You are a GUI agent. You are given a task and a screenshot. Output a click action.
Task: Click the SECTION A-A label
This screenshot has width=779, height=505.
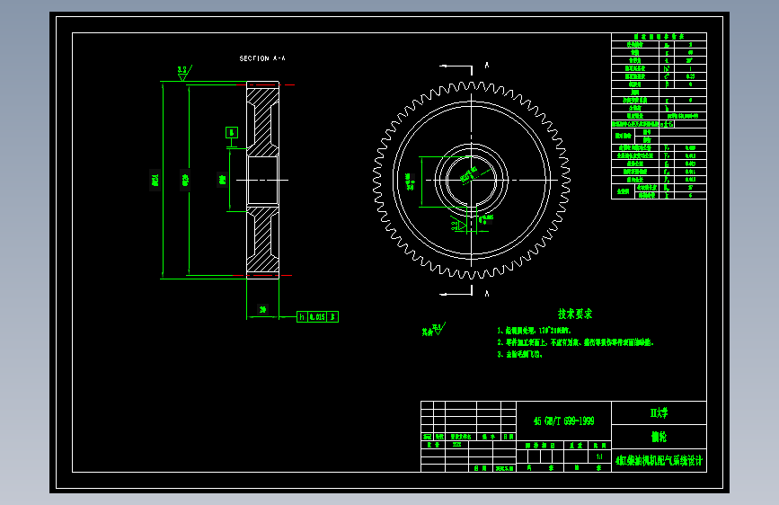(262, 58)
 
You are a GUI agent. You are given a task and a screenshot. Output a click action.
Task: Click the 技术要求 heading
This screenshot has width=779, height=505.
(575, 315)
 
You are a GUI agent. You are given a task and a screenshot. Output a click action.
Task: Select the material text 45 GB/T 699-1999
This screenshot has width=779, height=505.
(563, 421)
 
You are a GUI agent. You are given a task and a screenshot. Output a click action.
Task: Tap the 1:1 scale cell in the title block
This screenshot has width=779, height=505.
(599, 456)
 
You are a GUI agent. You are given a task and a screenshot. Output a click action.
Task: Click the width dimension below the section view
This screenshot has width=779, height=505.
(262, 310)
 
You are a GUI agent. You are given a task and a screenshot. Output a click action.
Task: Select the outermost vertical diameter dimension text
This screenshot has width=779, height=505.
(155, 180)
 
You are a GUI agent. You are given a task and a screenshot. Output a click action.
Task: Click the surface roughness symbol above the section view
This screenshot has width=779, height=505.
(183, 71)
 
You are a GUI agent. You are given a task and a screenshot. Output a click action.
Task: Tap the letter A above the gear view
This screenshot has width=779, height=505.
(486, 65)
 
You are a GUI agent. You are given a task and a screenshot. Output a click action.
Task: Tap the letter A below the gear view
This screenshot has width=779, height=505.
(486, 294)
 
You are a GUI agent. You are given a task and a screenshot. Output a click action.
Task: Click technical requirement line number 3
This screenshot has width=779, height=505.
(521, 355)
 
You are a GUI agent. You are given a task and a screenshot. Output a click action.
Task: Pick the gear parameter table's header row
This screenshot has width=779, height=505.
(659, 36)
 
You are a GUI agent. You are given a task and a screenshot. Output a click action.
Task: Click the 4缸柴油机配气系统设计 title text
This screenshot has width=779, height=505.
(659, 460)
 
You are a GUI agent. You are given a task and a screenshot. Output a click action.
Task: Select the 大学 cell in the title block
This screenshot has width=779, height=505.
(659, 412)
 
